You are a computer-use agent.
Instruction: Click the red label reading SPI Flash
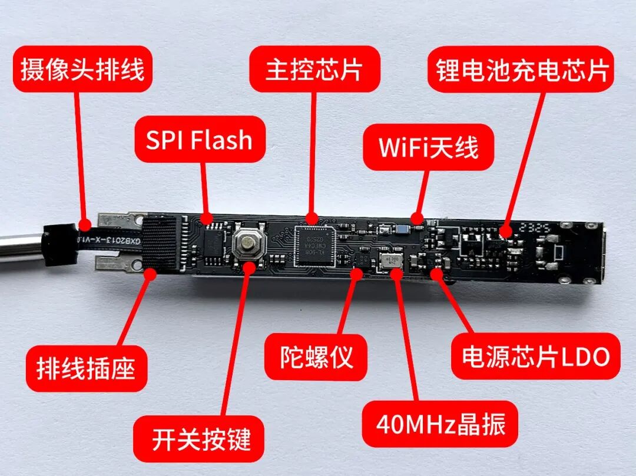tap(200, 139)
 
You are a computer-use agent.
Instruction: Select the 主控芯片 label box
tap(314, 69)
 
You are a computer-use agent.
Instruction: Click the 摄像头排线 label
tap(82, 69)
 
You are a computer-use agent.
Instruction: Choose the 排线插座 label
tap(86, 369)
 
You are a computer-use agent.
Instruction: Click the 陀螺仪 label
tap(316, 357)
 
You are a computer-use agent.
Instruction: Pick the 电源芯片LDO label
tap(535, 356)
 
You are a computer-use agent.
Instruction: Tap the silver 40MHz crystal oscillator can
tap(392, 261)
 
